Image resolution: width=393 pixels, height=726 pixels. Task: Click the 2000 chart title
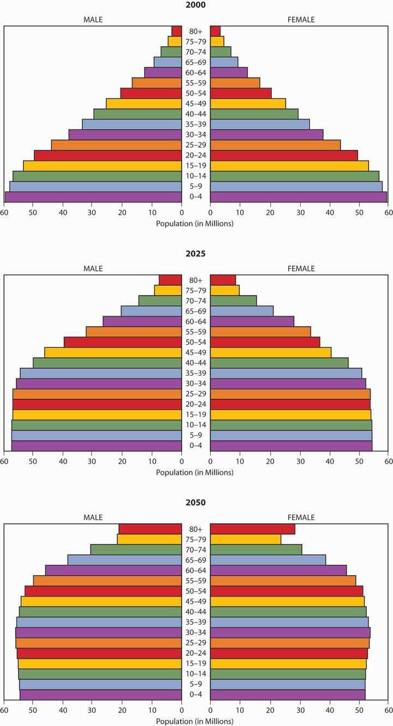coord(195,5)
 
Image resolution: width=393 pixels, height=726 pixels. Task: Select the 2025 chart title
coord(195,253)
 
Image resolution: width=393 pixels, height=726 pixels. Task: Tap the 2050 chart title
coord(195,503)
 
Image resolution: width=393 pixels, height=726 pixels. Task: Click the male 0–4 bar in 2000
coord(93,197)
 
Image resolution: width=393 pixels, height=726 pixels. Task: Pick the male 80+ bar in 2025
coord(170,280)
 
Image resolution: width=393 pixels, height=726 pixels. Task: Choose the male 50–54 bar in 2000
coord(151,93)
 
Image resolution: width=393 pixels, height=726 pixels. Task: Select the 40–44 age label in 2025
coord(195,363)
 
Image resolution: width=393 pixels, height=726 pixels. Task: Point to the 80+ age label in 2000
coord(195,31)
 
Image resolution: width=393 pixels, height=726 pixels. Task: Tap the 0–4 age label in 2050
coord(195,694)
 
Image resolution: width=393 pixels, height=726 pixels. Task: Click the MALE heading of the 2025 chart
coord(93,268)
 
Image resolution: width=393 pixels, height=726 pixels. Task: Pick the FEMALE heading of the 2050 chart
coord(301,517)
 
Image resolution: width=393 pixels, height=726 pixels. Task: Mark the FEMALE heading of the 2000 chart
coord(301,20)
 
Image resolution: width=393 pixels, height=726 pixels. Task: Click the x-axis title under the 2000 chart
coord(195,223)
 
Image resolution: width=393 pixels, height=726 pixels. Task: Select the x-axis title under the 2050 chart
coord(195,721)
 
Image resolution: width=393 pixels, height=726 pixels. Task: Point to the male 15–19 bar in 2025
coord(97,415)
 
